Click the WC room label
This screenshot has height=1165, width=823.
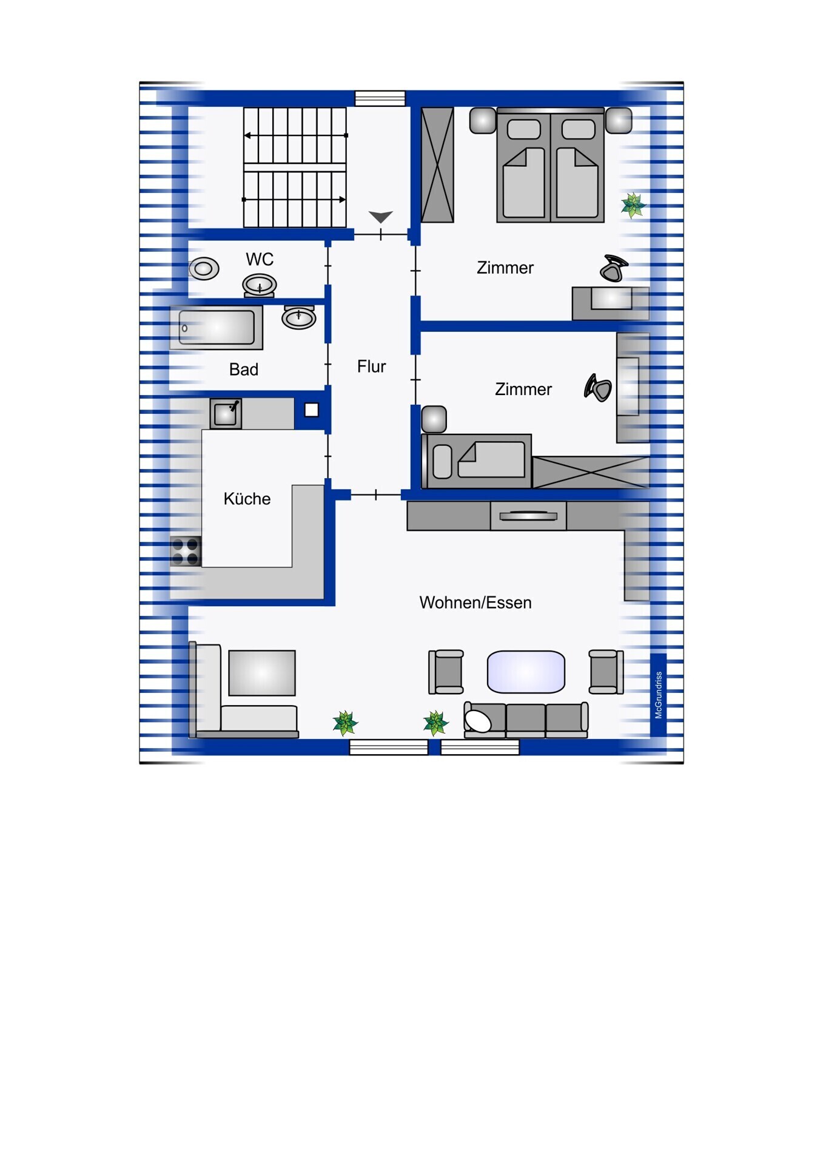[x=260, y=260]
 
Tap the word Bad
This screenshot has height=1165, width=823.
[x=244, y=370]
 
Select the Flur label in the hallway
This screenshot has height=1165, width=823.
[x=371, y=366]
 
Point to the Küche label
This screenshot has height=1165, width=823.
[x=247, y=499]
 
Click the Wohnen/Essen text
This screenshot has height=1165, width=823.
[x=475, y=603]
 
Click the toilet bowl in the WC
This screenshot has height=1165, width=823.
[x=204, y=268]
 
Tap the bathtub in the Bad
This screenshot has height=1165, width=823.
[x=217, y=328]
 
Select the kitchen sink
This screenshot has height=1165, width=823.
[x=226, y=414]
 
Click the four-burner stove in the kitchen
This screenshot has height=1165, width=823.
[x=186, y=552]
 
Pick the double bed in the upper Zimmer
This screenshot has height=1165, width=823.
[x=551, y=165]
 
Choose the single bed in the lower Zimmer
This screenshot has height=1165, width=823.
[x=477, y=461]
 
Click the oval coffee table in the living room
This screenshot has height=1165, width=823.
[x=526, y=672]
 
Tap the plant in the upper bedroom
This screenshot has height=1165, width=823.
[x=633, y=205]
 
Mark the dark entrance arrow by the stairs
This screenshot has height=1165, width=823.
[x=381, y=217]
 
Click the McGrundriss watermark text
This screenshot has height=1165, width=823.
[x=659, y=695]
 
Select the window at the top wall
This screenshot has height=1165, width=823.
[x=380, y=98]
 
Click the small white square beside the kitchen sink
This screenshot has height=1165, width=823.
[x=311, y=410]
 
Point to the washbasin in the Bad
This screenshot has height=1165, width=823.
[x=299, y=317]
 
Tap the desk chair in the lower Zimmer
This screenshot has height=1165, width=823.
[x=598, y=388]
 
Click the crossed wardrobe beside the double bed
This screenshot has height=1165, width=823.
[x=437, y=165]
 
